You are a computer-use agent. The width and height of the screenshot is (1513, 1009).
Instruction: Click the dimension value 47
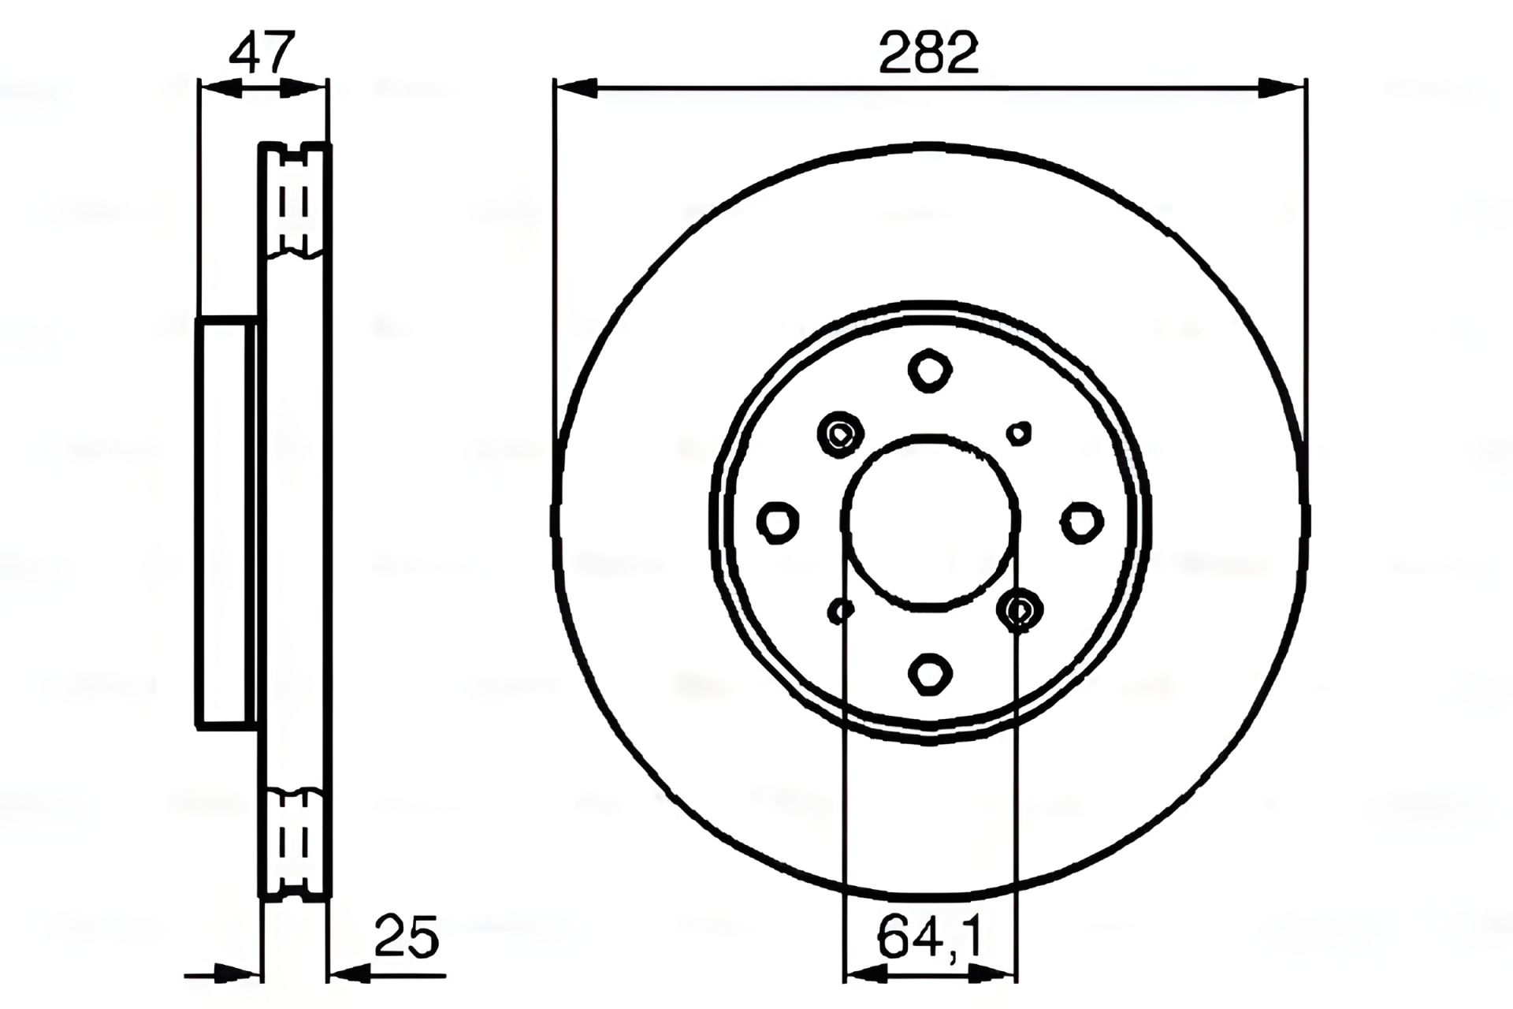262,52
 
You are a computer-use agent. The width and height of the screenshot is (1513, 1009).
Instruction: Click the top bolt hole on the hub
930,369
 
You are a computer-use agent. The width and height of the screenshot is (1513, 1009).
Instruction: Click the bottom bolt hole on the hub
930,673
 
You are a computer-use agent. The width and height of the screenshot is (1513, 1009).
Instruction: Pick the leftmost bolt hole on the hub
778,522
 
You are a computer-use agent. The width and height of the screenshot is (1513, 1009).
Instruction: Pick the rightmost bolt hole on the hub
1082,522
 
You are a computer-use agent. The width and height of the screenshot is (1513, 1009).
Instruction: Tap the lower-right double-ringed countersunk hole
1020,610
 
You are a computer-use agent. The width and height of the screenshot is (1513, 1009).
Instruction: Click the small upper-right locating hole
1020,432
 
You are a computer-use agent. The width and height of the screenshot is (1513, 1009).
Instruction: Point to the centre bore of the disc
931,522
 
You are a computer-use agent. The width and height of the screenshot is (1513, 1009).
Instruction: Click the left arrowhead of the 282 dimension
575,88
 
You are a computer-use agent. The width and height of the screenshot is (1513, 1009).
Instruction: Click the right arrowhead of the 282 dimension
1284,88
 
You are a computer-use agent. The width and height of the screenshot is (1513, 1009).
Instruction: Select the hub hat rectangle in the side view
227,522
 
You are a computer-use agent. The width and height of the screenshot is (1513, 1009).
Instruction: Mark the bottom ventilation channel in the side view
295,843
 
